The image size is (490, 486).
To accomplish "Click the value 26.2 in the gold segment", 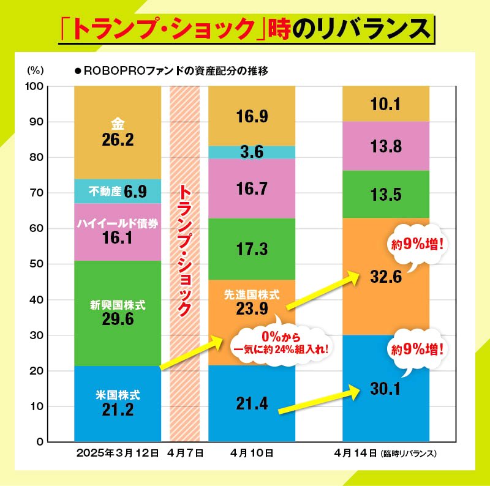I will (118, 140).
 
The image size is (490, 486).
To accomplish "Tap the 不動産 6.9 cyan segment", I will (118, 192).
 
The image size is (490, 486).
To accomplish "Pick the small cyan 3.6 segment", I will (251, 152).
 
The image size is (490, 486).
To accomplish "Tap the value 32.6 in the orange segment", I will (386, 277).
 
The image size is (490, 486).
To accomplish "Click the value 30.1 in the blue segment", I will (386, 387).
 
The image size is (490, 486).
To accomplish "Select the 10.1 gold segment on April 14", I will (386, 105).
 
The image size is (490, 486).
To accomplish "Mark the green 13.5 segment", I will (386, 195).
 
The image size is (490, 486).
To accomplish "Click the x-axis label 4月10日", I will (252, 454).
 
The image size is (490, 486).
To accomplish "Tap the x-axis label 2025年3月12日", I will (118, 454).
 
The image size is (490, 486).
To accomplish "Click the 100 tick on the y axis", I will (33, 86).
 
